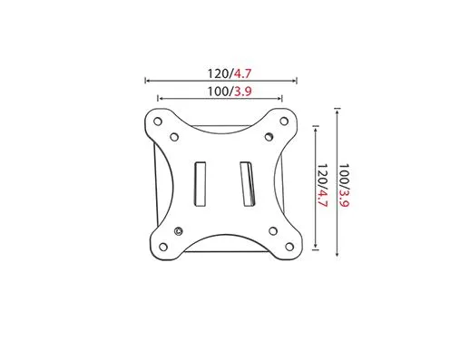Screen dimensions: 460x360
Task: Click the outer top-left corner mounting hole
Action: (158, 122)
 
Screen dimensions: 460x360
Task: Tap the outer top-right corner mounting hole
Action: (284, 122)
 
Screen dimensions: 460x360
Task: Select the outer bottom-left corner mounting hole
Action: (163, 247)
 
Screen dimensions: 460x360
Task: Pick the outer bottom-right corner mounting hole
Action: (289, 247)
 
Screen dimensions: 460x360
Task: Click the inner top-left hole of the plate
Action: (174, 137)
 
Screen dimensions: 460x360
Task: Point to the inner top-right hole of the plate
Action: (269, 137)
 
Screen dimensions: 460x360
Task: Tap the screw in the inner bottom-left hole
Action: (179, 231)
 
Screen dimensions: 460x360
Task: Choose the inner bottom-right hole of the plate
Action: (273, 231)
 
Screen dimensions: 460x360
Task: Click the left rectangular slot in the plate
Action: (200, 184)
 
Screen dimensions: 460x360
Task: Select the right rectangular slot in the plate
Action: (248, 184)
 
